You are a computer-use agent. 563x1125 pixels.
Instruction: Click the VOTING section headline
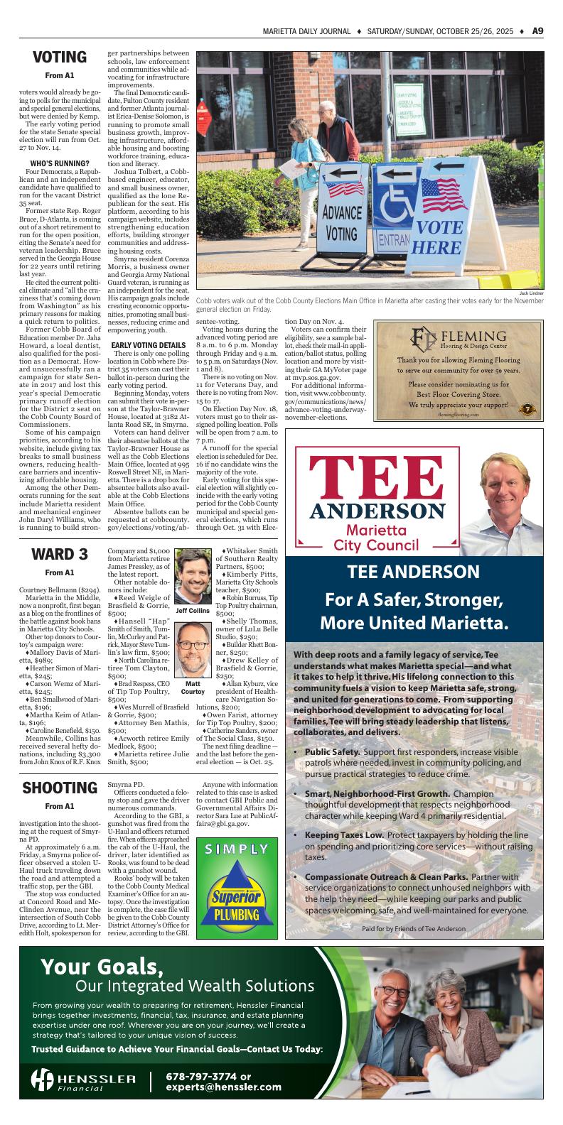coord(59,58)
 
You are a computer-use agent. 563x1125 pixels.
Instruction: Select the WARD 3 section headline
coord(59,554)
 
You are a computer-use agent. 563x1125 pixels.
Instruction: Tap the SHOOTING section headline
coord(59,788)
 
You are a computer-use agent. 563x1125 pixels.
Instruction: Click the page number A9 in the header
coord(537,31)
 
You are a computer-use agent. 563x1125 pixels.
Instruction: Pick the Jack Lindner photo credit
coord(531,293)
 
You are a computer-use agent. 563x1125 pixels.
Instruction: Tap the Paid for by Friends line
coord(413,929)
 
